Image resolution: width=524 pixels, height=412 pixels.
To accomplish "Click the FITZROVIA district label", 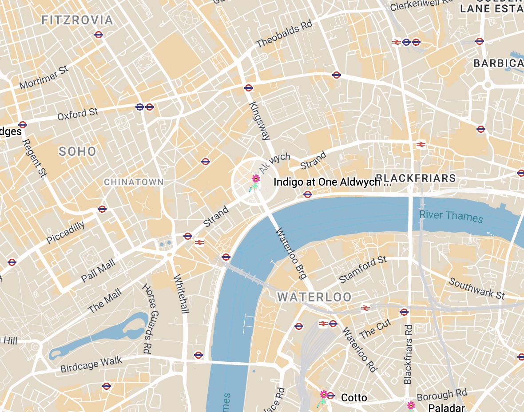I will (77, 20).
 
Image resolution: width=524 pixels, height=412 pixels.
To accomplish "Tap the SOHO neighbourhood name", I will (78, 152).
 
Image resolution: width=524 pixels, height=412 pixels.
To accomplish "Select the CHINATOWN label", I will (134, 182).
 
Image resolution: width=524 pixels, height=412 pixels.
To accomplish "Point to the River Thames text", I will (451, 216).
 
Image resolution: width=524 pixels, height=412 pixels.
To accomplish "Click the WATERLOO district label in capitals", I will (315, 297).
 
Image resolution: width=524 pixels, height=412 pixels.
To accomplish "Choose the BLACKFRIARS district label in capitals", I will (416, 178).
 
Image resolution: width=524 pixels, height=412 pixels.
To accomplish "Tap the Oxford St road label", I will (78, 114).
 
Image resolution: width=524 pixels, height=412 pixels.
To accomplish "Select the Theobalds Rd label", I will (285, 34).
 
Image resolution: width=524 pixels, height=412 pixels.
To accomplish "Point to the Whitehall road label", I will (182, 294).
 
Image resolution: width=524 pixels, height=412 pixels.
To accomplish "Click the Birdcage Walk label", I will (91, 364).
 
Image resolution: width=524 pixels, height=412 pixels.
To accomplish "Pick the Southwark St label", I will (476, 288).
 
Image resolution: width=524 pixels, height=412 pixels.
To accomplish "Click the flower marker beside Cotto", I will (324, 395).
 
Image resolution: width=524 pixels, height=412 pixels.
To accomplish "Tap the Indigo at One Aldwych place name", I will (332, 182).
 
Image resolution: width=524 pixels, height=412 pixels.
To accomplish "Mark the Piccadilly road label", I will (66, 233).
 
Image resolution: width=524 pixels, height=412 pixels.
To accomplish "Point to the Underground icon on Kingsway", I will (249, 88).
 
